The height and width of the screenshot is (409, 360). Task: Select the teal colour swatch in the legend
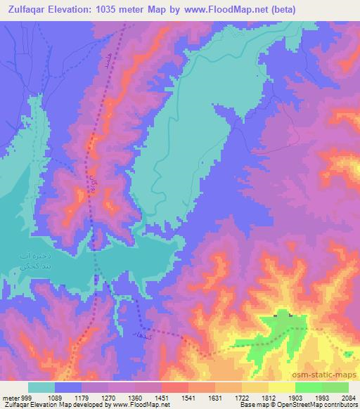[x=41, y=387]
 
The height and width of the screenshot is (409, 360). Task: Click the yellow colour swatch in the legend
[x=281, y=387]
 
